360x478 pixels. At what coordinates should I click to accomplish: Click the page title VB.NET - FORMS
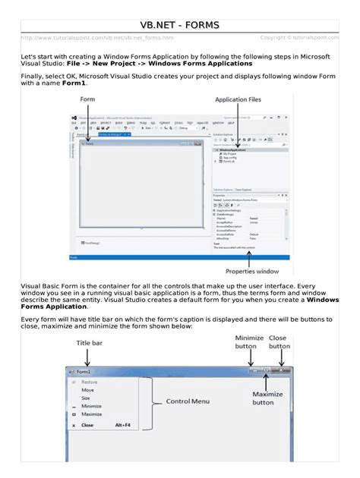tap(180, 26)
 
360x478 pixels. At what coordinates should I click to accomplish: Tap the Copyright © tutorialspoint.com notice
tap(299, 38)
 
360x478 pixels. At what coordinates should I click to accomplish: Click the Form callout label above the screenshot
tap(87, 99)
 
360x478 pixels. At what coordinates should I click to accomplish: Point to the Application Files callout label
tap(241, 99)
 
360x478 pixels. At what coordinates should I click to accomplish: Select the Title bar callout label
tap(89, 344)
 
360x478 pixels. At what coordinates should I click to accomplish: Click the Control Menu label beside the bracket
tap(189, 401)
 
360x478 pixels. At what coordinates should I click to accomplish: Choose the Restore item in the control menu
tap(90, 382)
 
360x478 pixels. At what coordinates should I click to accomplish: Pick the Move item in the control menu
tap(87, 390)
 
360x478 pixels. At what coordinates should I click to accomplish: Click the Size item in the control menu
tap(85, 398)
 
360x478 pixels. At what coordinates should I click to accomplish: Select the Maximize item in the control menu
tap(91, 414)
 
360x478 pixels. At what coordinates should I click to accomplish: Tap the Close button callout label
tap(279, 341)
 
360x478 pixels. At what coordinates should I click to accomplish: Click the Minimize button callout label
tap(249, 341)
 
